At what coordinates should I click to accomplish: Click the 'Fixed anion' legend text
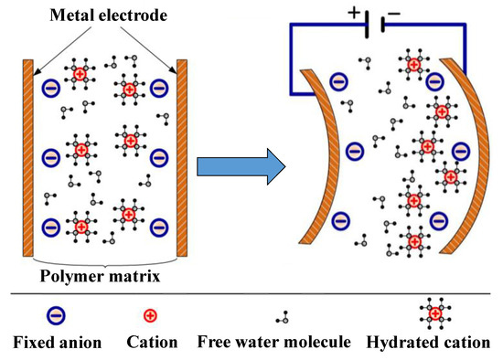click(x=56, y=344)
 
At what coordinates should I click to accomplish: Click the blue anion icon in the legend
click(x=56, y=316)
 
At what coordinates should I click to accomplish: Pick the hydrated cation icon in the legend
click(x=435, y=314)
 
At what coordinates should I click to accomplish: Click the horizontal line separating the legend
click(x=251, y=294)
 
